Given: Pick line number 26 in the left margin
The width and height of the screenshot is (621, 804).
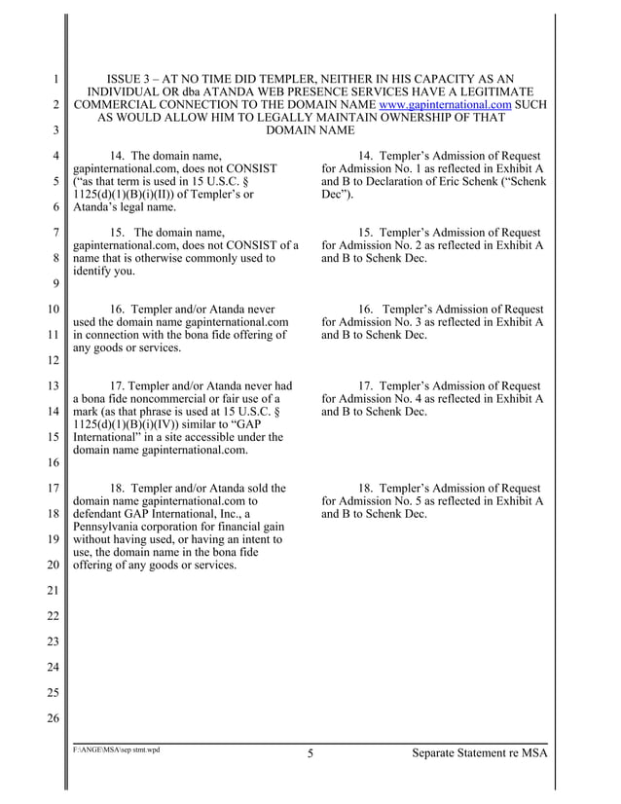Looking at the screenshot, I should pyautogui.click(x=55, y=718).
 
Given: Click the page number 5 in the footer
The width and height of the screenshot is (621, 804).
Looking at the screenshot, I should pyautogui.click(x=310, y=752).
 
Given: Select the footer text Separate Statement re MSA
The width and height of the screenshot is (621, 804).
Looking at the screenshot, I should pyautogui.click(x=479, y=752).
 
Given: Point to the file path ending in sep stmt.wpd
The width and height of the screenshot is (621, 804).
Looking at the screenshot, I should pyautogui.click(x=117, y=750).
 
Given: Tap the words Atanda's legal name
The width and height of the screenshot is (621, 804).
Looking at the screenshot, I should pyautogui.click(x=125, y=206).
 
